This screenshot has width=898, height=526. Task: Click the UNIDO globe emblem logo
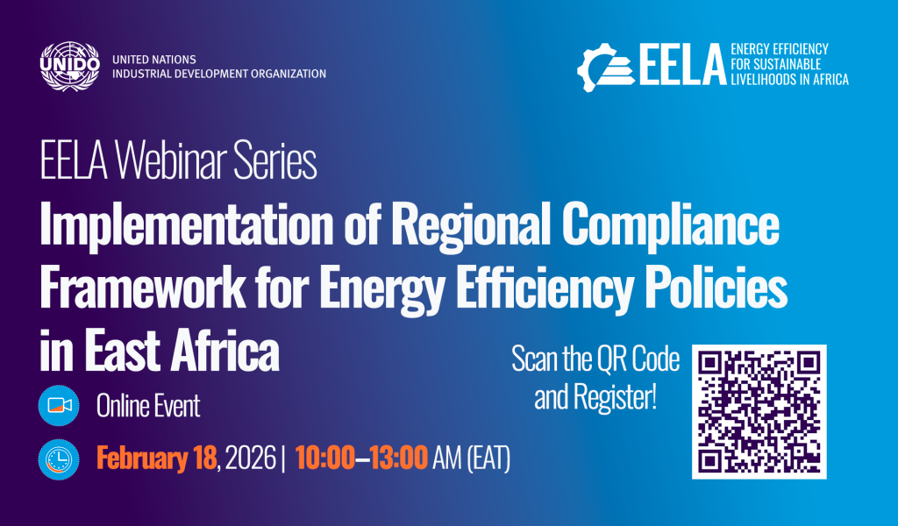[x=70, y=66]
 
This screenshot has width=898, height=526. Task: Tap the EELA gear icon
[x=605, y=68]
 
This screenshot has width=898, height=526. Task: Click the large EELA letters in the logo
[x=682, y=64]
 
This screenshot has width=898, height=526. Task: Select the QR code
[x=759, y=411]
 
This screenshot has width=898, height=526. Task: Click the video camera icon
[x=59, y=406]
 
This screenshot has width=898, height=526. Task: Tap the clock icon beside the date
[x=59, y=459]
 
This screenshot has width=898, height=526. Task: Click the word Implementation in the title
[x=187, y=225]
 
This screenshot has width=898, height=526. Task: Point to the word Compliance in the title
[x=671, y=225]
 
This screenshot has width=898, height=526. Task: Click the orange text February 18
[x=156, y=458]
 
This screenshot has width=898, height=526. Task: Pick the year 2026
[x=250, y=458]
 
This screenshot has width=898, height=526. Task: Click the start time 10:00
[x=324, y=458]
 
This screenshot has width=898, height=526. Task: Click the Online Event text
[x=148, y=407]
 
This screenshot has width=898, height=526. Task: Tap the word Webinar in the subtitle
[x=171, y=160]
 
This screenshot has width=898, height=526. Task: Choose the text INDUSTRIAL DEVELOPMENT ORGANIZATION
[x=219, y=74]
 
